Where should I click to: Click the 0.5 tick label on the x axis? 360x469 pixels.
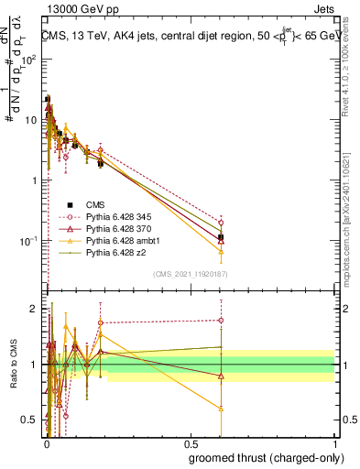(x=191, y=442)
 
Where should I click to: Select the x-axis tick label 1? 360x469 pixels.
(x=335, y=442)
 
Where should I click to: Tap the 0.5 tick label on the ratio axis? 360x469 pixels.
(x=33, y=420)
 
